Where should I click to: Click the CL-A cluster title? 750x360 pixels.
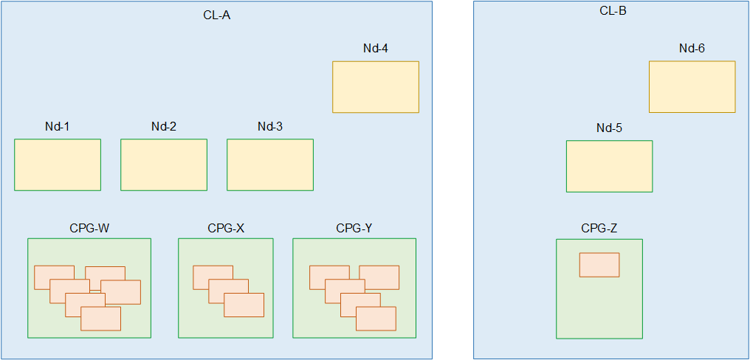pyautogui.click(x=216, y=15)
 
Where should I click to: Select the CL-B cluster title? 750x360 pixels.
pyautogui.click(x=613, y=11)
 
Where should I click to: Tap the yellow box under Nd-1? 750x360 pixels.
pyautogui.click(x=58, y=165)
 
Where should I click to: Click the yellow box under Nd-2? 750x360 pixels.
pyautogui.click(x=164, y=165)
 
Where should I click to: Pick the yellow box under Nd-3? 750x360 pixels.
pyautogui.click(x=270, y=165)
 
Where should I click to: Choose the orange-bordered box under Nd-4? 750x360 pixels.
pyautogui.click(x=376, y=87)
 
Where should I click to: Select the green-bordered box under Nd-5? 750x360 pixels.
pyautogui.click(x=609, y=166)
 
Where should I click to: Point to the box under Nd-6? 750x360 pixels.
pyautogui.click(x=692, y=86)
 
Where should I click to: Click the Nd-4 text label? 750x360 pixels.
pyautogui.click(x=376, y=49)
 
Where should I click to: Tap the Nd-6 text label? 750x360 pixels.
pyautogui.click(x=692, y=49)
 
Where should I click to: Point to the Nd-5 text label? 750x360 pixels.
pyautogui.click(x=609, y=128)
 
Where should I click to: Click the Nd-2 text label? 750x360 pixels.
pyautogui.click(x=164, y=127)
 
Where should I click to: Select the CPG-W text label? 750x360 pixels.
pyautogui.click(x=89, y=228)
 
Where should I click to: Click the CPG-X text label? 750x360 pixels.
pyautogui.click(x=226, y=228)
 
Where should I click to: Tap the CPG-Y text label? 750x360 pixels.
pyautogui.click(x=354, y=228)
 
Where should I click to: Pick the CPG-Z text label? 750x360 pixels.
pyautogui.click(x=599, y=229)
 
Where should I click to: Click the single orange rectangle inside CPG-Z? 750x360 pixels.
pyautogui.click(x=599, y=265)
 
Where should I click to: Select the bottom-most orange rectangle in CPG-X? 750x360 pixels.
pyautogui.click(x=244, y=305)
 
